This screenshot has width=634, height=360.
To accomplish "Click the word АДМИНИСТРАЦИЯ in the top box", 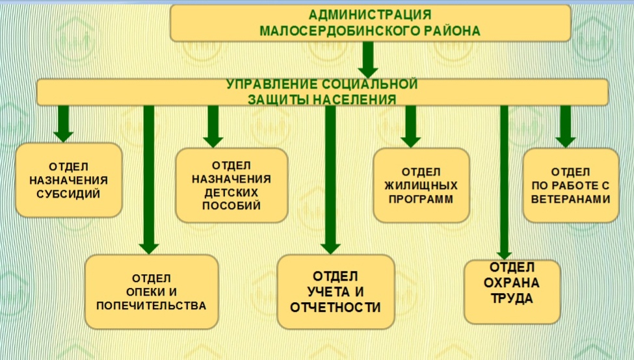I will click(x=370, y=14).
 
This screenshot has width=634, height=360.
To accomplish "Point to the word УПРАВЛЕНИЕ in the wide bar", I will click(x=272, y=84).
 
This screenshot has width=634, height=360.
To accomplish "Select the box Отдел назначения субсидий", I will click(x=68, y=180).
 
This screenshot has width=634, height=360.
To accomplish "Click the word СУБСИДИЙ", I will click(x=68, y=194).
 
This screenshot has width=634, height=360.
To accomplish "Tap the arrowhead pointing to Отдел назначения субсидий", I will click(x=63, y=135).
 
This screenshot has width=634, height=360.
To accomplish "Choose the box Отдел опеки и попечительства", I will click(x=151, y=290).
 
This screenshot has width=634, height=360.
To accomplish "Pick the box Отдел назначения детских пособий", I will click(x=231, y=185).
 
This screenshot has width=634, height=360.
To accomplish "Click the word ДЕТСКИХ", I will click(x=231, y=193).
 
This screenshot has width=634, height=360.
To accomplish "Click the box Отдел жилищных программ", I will click(x=421, y=185).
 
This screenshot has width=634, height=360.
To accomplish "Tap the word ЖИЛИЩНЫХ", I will click(x=421, y=185).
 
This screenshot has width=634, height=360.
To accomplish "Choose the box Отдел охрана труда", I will click(x=512, y=290).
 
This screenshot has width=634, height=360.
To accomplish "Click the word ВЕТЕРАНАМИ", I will click(x=570, y=199).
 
